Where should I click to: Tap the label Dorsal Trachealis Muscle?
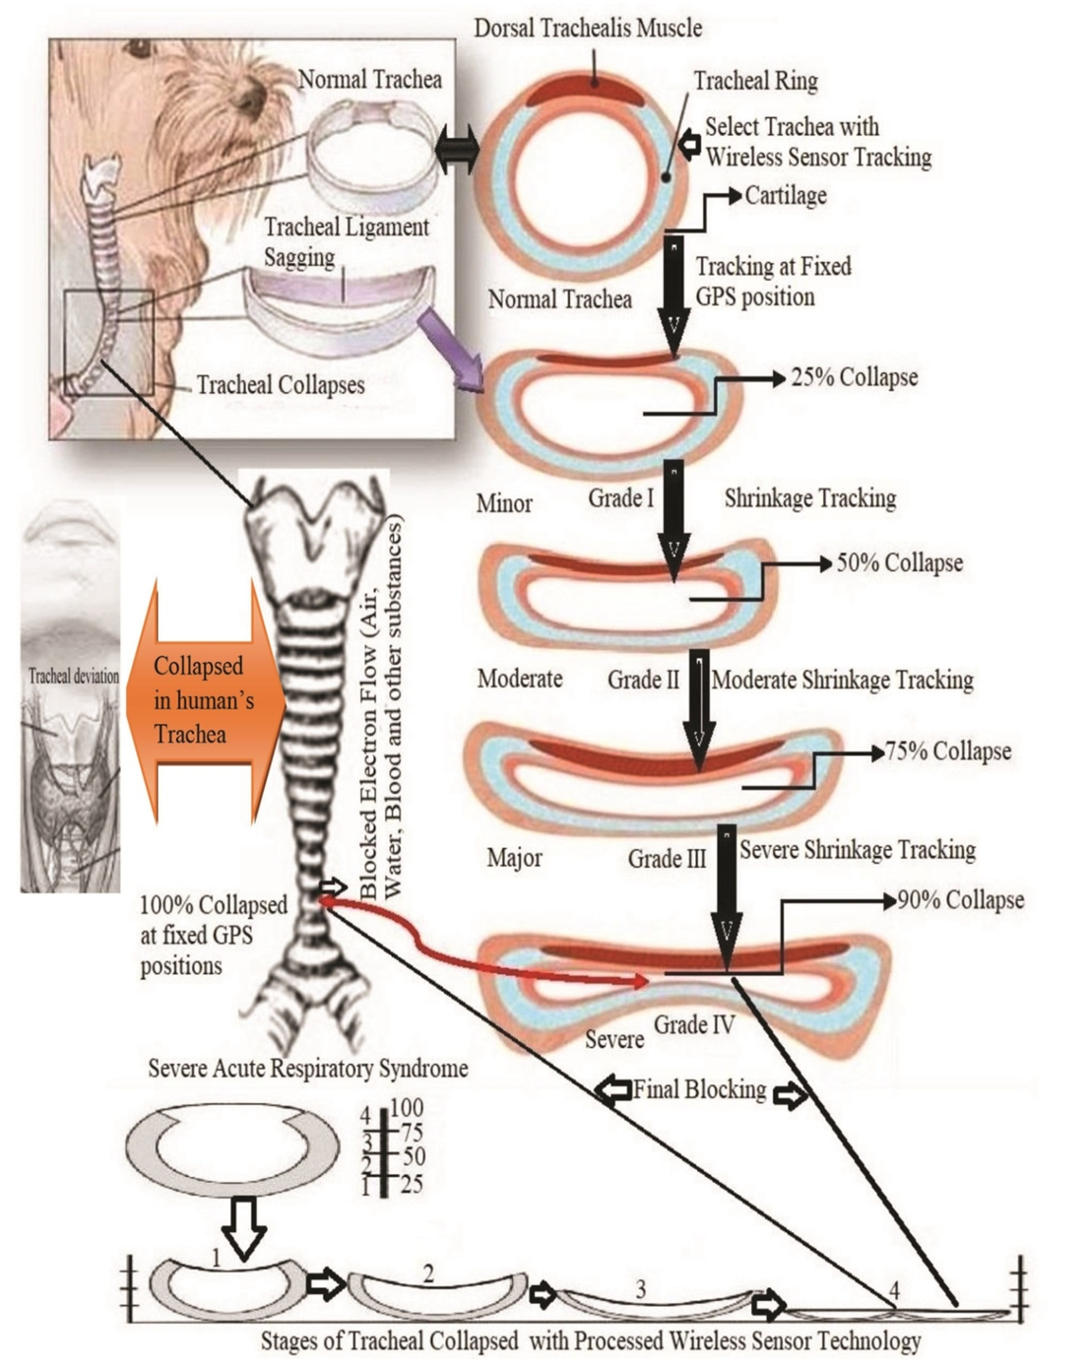click(588, 28)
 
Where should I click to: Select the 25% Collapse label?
click(854, 377)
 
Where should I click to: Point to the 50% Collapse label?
click(899, 563)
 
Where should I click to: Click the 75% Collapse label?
click(947, 751)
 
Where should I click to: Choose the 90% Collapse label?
click(960, 900)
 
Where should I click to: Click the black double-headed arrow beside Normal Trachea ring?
click(456, 152)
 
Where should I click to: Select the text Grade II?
click(643, 680)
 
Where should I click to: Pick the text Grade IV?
click(694, 1025)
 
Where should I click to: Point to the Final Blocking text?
click(699, 1089)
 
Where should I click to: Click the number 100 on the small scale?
click(407, 1110)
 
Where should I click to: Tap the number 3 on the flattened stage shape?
click(641, 1289)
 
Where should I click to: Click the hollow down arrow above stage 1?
click(242, 1227)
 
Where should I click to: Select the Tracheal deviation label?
click(73, 676)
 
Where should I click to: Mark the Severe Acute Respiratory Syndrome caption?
click(307, 1069)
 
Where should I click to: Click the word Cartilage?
click(785, 195)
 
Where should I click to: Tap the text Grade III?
click(667, 860)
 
